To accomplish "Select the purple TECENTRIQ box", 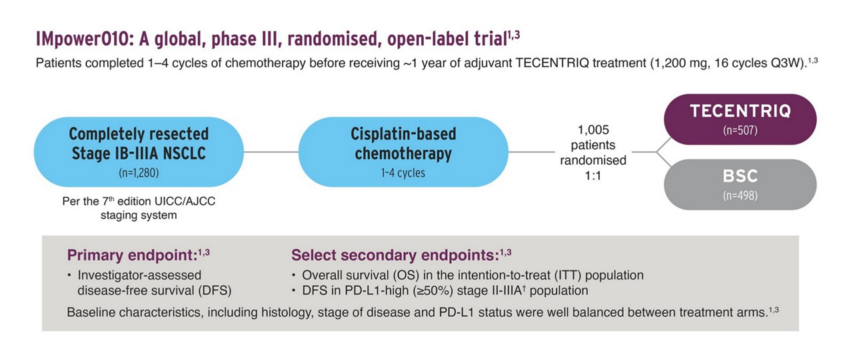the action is [740, 119].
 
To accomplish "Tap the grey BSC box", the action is [740, 185].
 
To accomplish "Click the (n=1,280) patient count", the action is [139, 173].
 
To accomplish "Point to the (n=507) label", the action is [740, 130].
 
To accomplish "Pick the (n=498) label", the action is [740, 195].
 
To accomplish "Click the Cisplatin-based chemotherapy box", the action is [403, 151].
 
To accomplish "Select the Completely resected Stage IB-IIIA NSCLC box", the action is [139, 151].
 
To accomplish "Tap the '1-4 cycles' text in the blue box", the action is [403, 173].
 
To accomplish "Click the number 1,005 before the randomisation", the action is [593, 130].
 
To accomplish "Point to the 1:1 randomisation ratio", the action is [593, 175].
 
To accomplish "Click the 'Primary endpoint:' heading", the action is [132, 255].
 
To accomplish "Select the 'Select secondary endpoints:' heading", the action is [395, 255].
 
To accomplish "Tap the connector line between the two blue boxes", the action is [271, 152].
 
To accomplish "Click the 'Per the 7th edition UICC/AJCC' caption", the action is [139, 201].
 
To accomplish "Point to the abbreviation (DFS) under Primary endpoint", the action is [215, 291].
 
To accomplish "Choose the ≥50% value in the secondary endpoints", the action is [433, 291].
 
